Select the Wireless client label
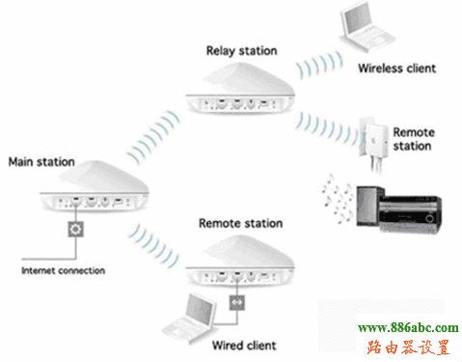[x=396, y=70]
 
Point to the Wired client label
[x=244, y=345]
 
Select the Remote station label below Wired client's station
[x=240, y=223]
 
